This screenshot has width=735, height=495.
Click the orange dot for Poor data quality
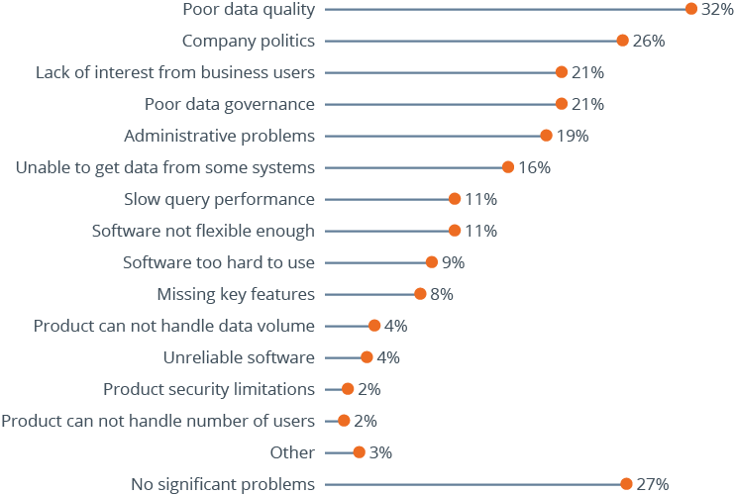click(x=691, y=9)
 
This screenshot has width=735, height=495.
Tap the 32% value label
click(x=716, y=10)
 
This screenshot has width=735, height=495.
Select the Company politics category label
click(x=249, y=41)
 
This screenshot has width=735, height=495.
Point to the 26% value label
click(x=648, y=41)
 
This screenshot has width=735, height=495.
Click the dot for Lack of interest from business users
click(x=562, y=72)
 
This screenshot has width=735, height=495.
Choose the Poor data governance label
click(x=230, y=104)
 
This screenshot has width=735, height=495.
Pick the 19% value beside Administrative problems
click(x=572, y=136)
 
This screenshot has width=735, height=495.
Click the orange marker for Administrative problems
click(x=546, y=136)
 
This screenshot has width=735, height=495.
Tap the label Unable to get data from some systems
click(x=165, y=167)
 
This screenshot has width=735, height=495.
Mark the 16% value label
click(x=534, y=167)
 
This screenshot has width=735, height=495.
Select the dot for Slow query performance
click(x=455, y=199)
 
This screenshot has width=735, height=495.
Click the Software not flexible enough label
click(x=203, y=231)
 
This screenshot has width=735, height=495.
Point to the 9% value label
click(x=453, y=262)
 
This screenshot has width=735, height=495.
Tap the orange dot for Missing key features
click(x=420, y=294)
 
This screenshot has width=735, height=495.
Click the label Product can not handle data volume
click(x=174, y=326)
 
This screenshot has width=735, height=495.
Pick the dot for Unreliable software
click(x=367, y=357)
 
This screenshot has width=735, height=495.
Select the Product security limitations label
click(x=209, y=389)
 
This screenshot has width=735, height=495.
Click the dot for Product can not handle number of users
click(x=344, y=421)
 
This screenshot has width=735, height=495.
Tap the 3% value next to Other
click(x=380, y=452)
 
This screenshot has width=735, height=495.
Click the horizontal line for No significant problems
click(x=475, y=484)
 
